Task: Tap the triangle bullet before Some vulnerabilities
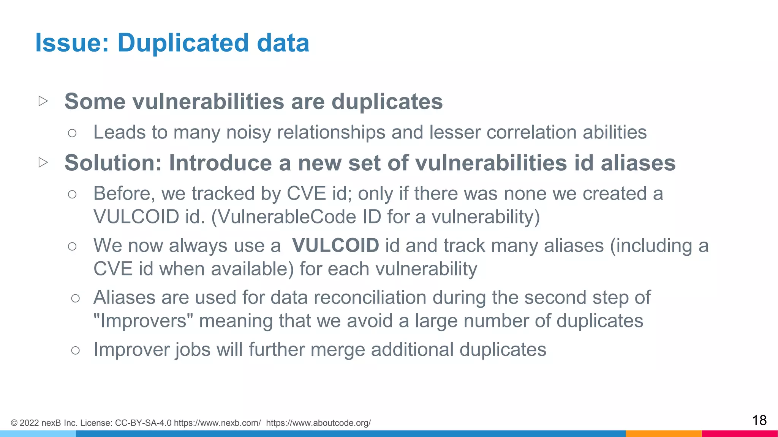[x=43, y=101]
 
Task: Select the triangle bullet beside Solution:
[x=43, y=162]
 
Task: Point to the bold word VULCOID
[x=335, y=245]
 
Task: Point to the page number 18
[x=759, y=420]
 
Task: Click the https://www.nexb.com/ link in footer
[x=217, y=423]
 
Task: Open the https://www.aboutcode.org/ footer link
[x=318, y=423]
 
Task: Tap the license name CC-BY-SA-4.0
[x=143, y=423]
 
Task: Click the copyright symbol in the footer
[x=14, y=423]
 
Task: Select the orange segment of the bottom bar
[x=663, y=434]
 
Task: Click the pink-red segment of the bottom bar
[x=740, y=434]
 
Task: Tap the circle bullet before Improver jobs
[x=75, y=350]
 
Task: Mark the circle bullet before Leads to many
[x=72, y=133]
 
